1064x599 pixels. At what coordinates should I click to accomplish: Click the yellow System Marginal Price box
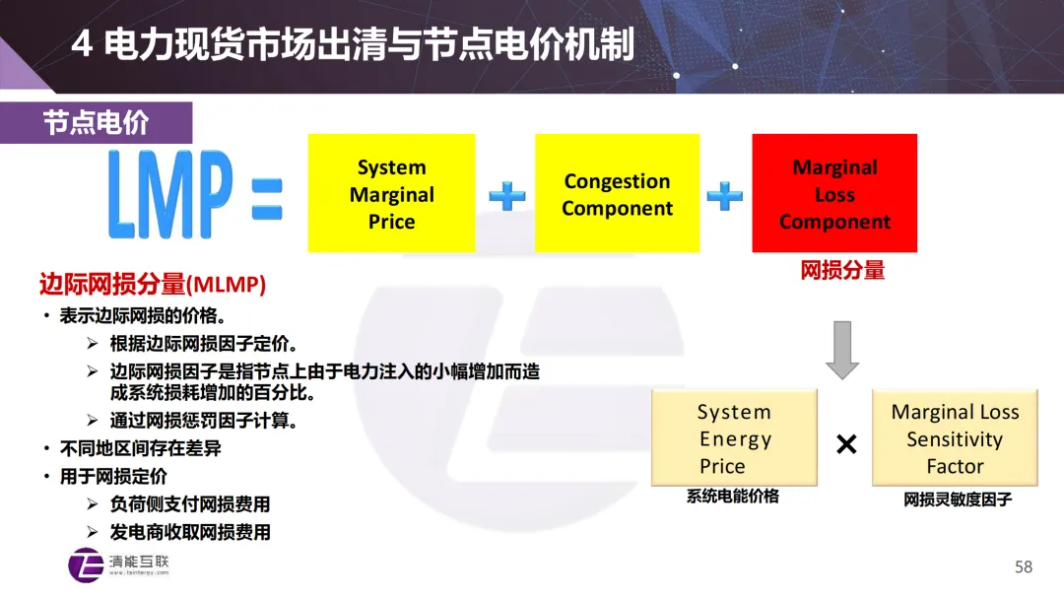coord(391,194)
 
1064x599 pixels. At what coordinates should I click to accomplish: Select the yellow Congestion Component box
coord(617,194)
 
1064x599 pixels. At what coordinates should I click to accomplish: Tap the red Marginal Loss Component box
coord(834,194)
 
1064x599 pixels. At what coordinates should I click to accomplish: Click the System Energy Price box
coord(734,438)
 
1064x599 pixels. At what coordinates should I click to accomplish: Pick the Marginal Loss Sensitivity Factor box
coord(955,438)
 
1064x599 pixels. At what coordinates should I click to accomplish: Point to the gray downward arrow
coord(842,350)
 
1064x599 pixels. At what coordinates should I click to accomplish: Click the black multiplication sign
coord(845,445)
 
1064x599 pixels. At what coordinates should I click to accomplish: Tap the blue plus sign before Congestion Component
coord(507,196)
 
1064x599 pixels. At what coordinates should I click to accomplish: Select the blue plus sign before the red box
coord(725,196)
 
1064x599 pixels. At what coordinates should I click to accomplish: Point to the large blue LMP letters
coord(169,194)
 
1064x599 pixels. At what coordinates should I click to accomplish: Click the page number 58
coord(1024,566)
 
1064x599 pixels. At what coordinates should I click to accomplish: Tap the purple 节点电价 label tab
coord(96,123)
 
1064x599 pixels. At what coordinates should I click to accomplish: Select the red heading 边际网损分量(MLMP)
coord(153,286)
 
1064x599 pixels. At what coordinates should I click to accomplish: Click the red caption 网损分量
coord(842,270)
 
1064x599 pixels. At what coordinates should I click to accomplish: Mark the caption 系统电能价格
coord(733,498)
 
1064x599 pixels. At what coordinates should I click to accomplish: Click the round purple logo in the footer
coord(86,565)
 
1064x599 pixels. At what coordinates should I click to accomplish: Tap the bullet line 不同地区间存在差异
coord(140,448)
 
